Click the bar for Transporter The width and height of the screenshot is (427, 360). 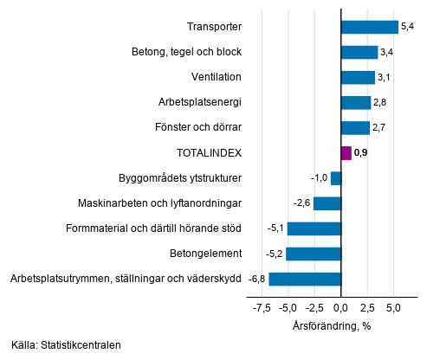pyautogui.click(x=370, y=27)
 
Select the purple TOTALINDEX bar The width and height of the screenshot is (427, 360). pyautogui.click(x=346, y=153)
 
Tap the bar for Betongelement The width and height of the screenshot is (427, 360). pyautogui.click(x=314, y=254)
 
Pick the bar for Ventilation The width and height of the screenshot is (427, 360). pyautogui.click(x=358, y=77)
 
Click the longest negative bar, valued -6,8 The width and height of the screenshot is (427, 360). pyautogui.click(x=305, y=279)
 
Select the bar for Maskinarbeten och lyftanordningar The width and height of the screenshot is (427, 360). pyautogui.click(x=327, y=203)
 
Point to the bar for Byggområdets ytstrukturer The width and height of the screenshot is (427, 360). pyautogui.click(x=336, y=178)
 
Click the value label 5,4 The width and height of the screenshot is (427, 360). pyautogui.click(x=409, y=27)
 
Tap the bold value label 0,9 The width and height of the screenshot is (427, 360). pyautogui.click(x=362, y=153)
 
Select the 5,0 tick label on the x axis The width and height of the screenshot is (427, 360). pyautogui.click(x=393, y=307)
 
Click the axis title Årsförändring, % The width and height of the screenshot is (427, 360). pyautogui.click(x=331, y=325)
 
